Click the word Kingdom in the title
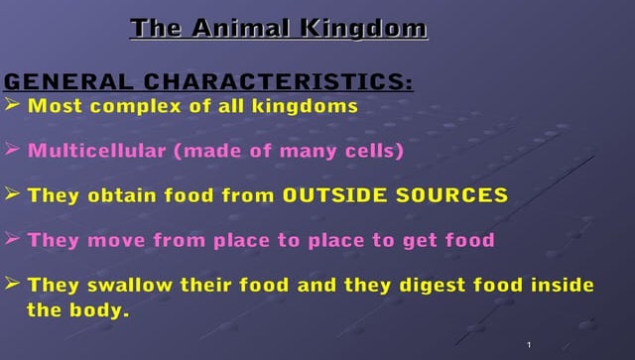point(368,28)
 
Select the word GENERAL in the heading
point(69,81)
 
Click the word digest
point(434,286)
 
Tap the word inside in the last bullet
point(561,286)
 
